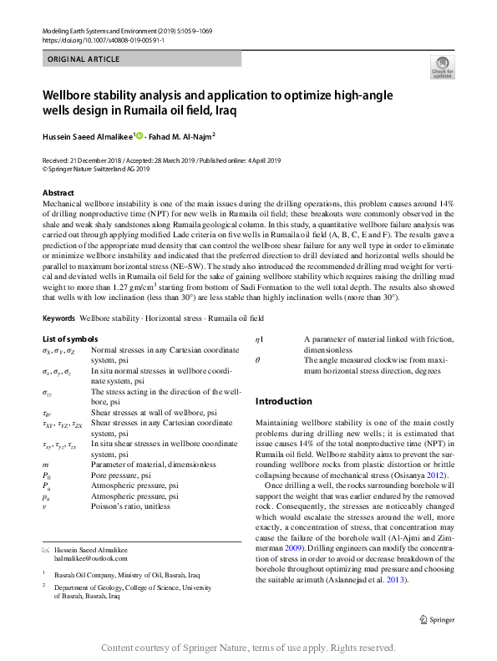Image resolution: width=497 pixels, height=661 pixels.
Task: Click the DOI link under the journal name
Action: [x=94, y=39]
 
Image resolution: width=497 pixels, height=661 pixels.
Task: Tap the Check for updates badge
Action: [x=442, y=68]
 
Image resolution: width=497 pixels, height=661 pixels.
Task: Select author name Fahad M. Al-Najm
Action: [x=182, y=134]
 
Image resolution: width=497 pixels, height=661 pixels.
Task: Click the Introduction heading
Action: [x=283, y=401]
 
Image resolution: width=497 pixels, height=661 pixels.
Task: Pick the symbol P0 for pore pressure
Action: [x=46, y=475]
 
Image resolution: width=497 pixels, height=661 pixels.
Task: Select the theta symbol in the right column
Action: [x=258, y=358]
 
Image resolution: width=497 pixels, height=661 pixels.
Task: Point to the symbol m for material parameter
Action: [x=44, y=464]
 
